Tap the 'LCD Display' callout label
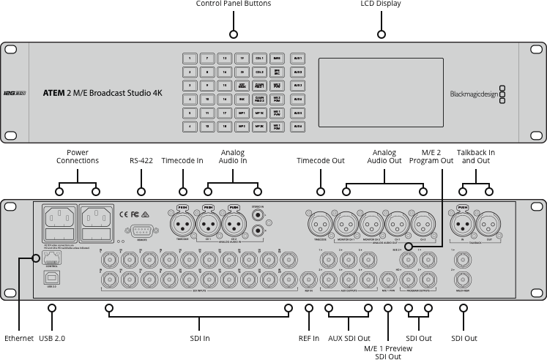[x=381, y=4]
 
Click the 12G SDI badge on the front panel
[x=15, y=94]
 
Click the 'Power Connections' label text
[x=77, y=156]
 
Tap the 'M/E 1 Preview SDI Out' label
[x=388, y=352]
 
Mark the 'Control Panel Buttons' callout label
[x=234, y=4]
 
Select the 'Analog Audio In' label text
[x=234, y=156]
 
